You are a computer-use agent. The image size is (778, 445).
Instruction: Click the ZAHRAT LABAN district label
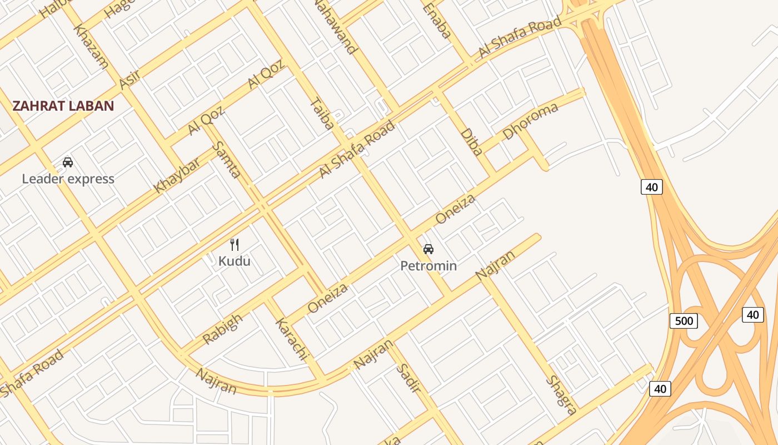(63, 106)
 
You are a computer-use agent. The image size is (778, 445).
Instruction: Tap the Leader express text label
(68, 179)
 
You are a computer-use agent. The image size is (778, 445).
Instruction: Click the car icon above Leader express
(68, 162)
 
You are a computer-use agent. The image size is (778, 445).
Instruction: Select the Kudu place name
(234, 261)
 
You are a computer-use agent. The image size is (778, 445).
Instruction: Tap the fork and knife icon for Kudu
(235, 244)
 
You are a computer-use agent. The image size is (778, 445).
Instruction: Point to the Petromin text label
(428, 266)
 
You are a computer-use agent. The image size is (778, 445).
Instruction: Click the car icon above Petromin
(428, 249)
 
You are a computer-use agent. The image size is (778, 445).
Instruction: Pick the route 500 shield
(684, 321)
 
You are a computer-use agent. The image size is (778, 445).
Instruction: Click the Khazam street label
(91, 46)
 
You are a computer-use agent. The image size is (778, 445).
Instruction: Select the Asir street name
(129, 80)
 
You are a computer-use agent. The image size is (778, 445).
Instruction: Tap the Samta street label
(227, 159)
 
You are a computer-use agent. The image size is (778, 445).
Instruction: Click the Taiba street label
(322, 114)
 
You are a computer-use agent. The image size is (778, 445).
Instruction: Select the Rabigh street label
(222, 329)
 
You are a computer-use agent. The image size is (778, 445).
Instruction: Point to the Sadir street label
(408, 379)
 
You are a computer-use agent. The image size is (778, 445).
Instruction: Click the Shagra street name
(561, 395)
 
